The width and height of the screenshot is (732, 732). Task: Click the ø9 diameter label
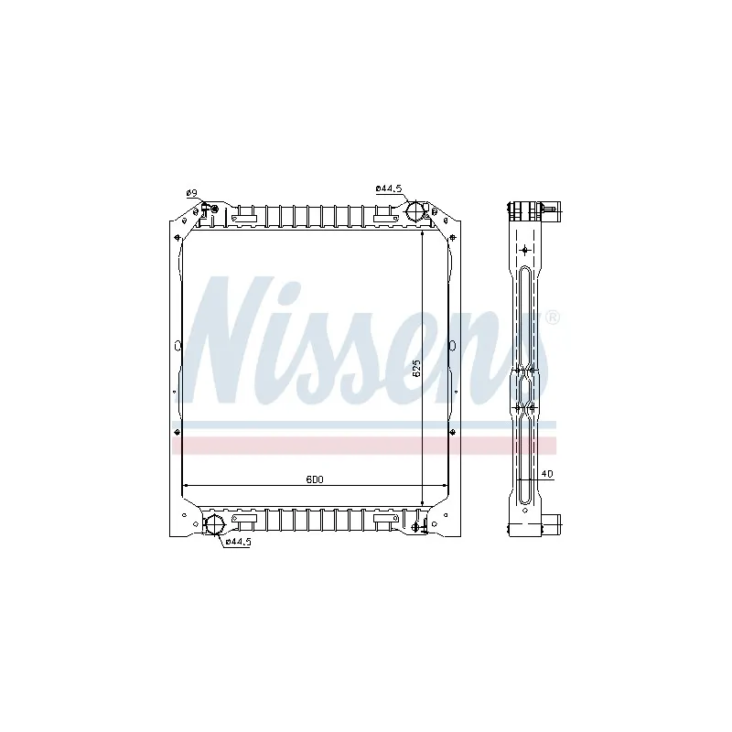tap(191, 192)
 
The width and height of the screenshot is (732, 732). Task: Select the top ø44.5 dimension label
tap(389, 188)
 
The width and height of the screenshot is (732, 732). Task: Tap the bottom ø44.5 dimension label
tap(238, 542)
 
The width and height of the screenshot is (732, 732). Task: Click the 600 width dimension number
tap(315, 479)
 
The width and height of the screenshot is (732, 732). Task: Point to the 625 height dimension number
tap(415, 369)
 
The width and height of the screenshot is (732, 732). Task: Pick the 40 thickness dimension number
tap(547, 474)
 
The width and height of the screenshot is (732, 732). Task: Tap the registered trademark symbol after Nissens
tap(553, 318)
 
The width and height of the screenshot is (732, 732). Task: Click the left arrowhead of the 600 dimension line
tap(188, 484)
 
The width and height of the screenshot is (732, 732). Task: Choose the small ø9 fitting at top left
tap(214, 210)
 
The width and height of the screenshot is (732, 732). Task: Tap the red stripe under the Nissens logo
tap(366, 446)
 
